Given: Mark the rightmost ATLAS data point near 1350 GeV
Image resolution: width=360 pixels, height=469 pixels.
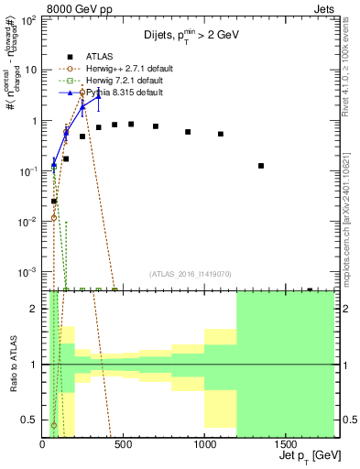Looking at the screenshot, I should (261, 166).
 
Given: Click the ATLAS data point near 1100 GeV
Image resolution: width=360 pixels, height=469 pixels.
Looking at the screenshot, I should (221, 134).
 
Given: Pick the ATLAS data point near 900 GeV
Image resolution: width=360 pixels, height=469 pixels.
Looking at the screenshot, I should (188, 132).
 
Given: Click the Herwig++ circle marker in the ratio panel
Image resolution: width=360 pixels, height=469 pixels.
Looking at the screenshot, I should (53, 425).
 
